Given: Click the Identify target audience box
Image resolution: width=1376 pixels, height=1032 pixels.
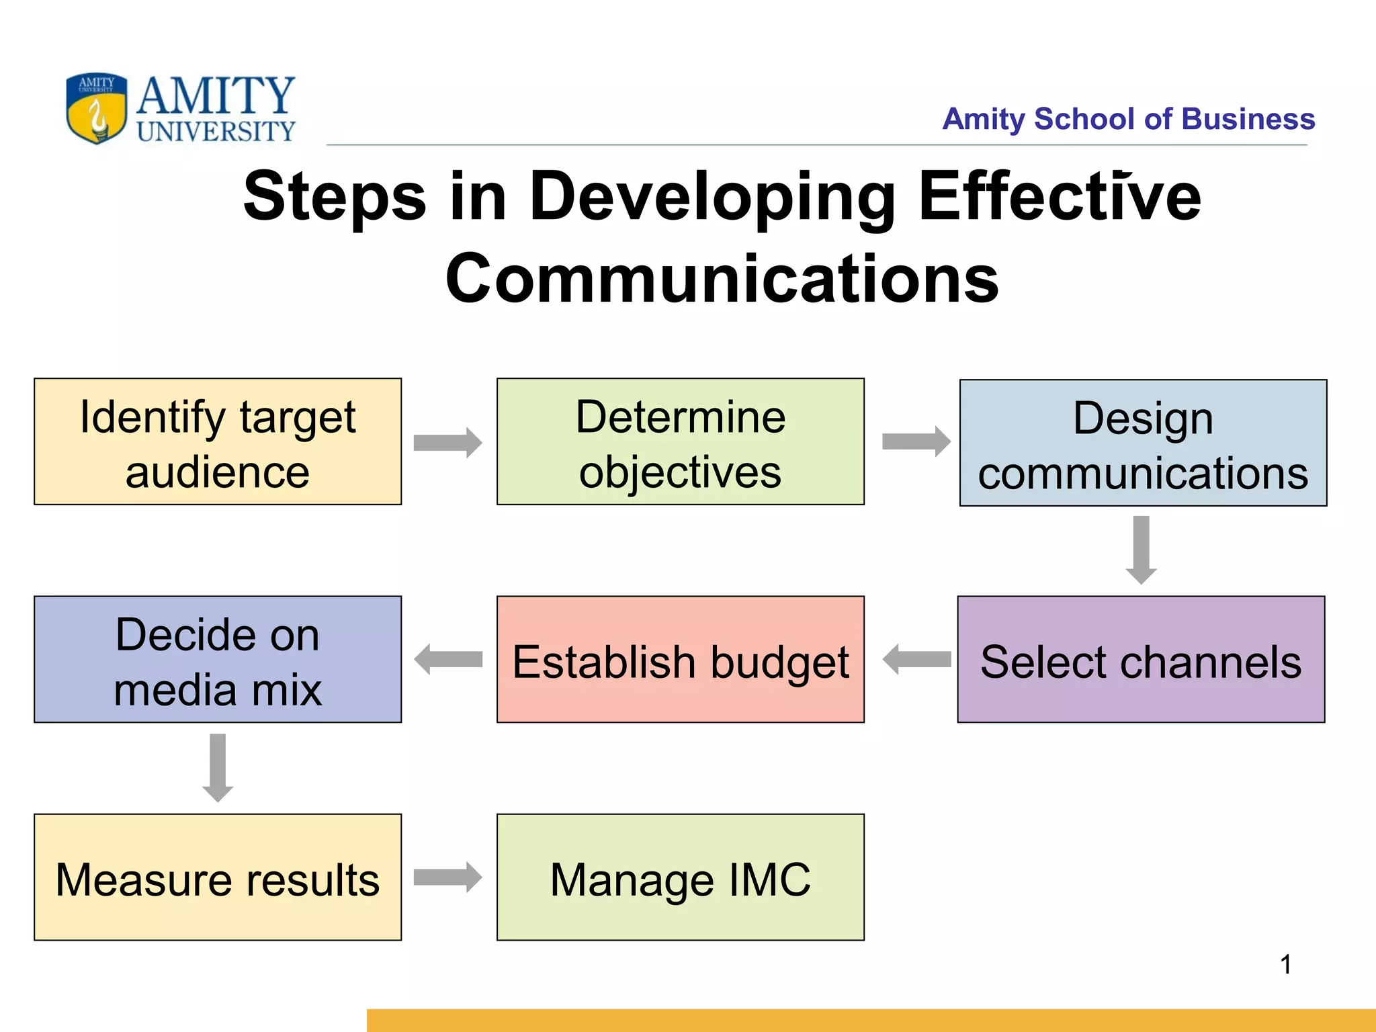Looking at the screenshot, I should (x=218, y=441).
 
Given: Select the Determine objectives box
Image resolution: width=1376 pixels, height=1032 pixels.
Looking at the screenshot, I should (x=680, y=441).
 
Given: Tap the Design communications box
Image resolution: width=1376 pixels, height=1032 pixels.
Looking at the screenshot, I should (x=1143, y=443).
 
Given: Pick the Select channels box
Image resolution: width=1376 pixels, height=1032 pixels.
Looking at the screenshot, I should (x=1141, y=659).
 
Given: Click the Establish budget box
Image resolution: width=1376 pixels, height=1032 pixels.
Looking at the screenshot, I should (x=680, y=659).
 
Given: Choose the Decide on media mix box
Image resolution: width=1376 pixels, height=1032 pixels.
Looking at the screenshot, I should (x=218, y=659).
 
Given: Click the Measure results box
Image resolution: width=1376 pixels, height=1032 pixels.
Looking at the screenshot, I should (x=218, y=877).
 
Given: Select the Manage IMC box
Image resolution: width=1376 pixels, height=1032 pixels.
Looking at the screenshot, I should (x=680, y=877).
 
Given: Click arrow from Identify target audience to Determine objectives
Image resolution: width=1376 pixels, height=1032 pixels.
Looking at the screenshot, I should (x=447, y=443).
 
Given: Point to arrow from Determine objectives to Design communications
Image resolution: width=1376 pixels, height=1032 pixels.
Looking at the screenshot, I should (x=916, y=441).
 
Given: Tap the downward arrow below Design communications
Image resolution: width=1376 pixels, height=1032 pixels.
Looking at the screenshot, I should (x=1141, y=550).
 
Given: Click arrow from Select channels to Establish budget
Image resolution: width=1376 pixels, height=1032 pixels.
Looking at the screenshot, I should (x=916, y=659).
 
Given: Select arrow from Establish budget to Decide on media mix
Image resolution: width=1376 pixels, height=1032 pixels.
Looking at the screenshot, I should (x=447, y=659).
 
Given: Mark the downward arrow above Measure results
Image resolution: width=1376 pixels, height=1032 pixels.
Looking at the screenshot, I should (x=218, y=767).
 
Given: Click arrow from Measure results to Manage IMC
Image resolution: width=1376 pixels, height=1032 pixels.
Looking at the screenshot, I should (x=447, y=877).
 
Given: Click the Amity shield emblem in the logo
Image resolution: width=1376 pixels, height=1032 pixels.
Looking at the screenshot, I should (x=97, y=107).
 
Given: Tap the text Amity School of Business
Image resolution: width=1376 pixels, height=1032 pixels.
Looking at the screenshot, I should (x=1128, y=119).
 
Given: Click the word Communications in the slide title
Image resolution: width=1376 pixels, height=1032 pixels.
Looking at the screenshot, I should (x=722, y=279).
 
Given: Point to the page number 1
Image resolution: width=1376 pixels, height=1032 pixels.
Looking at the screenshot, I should (x=1285, y=965).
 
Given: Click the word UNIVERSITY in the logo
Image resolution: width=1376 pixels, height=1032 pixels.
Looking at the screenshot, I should (x=216, y=131).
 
